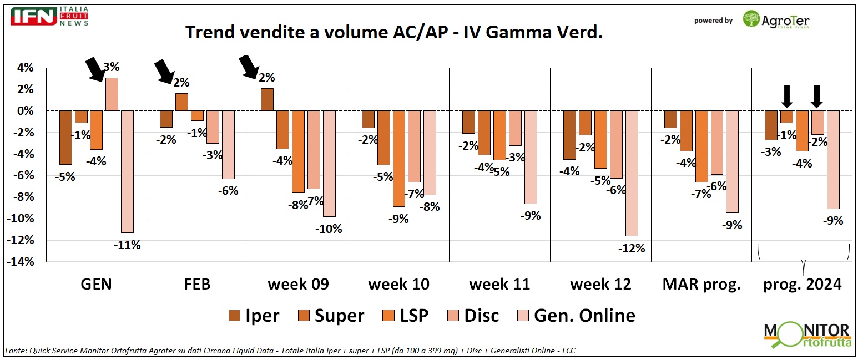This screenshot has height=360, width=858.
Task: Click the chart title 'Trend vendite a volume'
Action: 394,33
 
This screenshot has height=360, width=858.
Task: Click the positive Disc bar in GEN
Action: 112,94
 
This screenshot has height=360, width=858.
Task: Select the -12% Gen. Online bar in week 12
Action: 632,173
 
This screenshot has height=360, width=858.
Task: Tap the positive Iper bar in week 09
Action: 267,99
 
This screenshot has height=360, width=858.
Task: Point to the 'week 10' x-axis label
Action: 398,285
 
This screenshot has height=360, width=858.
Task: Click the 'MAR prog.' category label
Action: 701,285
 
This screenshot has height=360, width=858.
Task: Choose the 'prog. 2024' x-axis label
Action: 803,285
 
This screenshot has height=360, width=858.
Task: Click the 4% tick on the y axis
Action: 26,68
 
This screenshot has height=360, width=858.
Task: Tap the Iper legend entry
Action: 254,316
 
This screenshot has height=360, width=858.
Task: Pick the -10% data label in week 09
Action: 330,228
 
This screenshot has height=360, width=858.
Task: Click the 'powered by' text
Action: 713,21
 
